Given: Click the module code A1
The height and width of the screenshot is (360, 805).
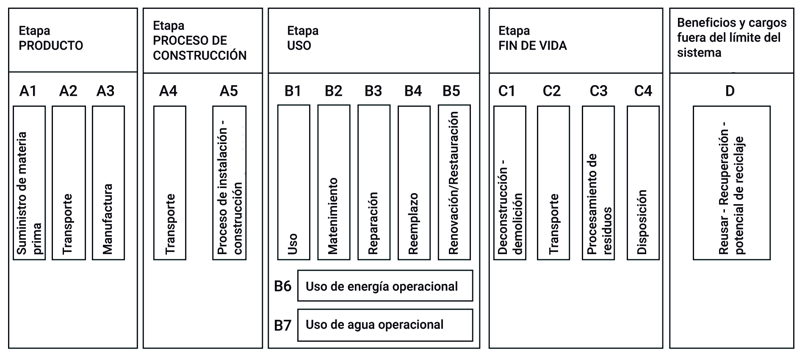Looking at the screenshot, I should [28, 91].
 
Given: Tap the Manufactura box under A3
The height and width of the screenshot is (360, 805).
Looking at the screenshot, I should [108, 183].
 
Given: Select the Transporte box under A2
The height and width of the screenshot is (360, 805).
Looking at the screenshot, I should [69, 183].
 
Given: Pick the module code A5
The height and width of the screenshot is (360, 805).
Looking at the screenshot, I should [229, 91].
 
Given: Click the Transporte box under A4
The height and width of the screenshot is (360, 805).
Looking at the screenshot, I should [169, 183].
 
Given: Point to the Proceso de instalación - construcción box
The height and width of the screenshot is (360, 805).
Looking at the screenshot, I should [229, 183].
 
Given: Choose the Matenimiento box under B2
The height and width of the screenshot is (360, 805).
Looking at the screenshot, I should [334, 183].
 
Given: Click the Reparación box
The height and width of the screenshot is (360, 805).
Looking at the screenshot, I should [373, 183].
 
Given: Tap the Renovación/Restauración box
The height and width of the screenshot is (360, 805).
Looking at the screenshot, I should [454, 183].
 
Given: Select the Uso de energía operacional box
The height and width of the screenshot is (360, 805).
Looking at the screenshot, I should [385, 286].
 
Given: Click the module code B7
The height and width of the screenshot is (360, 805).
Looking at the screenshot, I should [282, 325].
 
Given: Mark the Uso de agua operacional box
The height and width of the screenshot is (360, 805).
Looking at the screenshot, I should [385, 325].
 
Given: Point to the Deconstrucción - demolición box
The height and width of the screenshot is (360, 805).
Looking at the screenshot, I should [510, 183].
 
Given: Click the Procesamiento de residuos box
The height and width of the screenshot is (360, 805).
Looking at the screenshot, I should [598, 183].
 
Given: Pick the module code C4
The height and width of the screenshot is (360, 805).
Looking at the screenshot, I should [643, 91].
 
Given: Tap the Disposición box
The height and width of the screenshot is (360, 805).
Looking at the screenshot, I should [643, 183].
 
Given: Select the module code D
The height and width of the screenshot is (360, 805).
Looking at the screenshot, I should [730, 91].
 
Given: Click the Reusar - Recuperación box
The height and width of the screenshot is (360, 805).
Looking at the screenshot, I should [731, 183].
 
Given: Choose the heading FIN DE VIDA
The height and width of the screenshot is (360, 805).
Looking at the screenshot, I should [532, 46].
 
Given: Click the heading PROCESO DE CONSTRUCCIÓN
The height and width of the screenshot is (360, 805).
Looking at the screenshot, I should [199, 48].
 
